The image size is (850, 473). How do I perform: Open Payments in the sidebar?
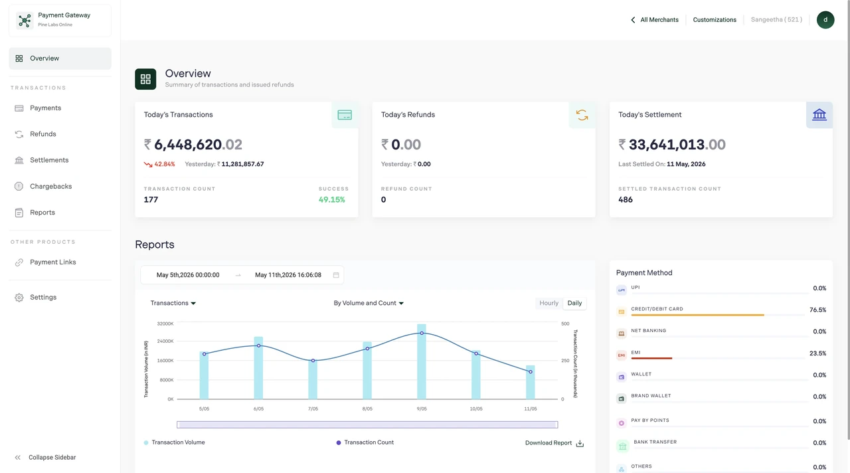coord(45,108)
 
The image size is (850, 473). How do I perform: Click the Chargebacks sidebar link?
coord(50,186)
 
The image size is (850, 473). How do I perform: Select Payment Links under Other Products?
coord(52,262)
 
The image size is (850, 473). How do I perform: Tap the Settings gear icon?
coord(19,297)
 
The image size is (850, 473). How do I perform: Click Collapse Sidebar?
coord(52,457)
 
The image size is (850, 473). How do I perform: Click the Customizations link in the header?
coord(715,20)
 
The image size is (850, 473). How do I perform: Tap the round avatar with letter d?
coord(825,20)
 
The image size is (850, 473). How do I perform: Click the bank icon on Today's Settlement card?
coord(819,115)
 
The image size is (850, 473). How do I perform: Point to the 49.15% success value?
coord(331,200)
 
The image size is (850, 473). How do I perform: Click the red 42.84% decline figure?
coord(164,164)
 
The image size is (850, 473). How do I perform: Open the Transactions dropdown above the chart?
coord(173,303)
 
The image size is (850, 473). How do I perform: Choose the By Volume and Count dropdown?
coord(369,303)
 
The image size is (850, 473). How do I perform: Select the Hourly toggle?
coord(549,303)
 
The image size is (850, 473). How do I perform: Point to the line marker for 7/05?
coord(313,360)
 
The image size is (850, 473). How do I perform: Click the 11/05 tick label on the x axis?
coord(531,409)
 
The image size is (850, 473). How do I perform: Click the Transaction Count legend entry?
coord(365,442)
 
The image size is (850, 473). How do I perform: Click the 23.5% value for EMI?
coord(817,353)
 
